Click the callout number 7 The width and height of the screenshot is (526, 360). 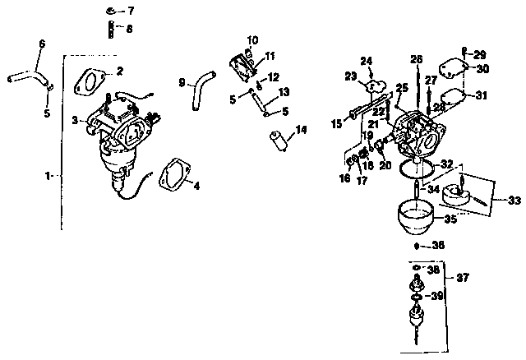click(x=130, y=12)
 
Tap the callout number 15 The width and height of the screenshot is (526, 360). click(x=335, y=123)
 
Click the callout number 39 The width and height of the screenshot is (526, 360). click(x=460, y=296)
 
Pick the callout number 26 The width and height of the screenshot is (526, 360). click(x=416, y=59)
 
